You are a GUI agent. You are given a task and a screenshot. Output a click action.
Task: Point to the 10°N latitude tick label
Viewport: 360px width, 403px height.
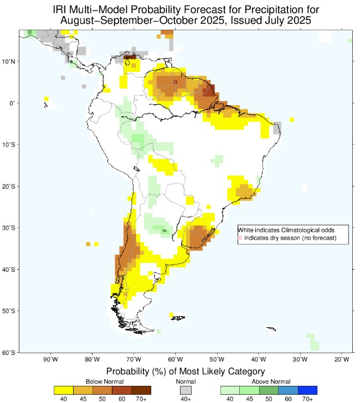pyautogui.click(x=9, y=61)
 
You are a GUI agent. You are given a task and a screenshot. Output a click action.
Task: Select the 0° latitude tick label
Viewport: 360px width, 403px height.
pyautogui.click(x=12, y=103)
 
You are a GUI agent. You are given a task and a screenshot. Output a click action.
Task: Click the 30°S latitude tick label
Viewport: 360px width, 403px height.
pyautogui.click(x=9, y=228)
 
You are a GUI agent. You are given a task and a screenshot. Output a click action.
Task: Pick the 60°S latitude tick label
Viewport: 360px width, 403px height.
pyautogui.click(x=9, y=353)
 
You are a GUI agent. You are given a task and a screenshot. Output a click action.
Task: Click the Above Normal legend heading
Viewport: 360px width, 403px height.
pyautogui.click(x=268, y=382)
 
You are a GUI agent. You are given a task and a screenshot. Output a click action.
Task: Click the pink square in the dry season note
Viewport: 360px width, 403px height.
pyautogui.click(x=240, y=238)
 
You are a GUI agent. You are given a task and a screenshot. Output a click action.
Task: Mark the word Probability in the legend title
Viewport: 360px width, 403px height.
pyautogui.click(x=129, y=371)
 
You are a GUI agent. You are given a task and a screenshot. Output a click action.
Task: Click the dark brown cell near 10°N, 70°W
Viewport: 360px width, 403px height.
pyautogui.click(x=131, y=57)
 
